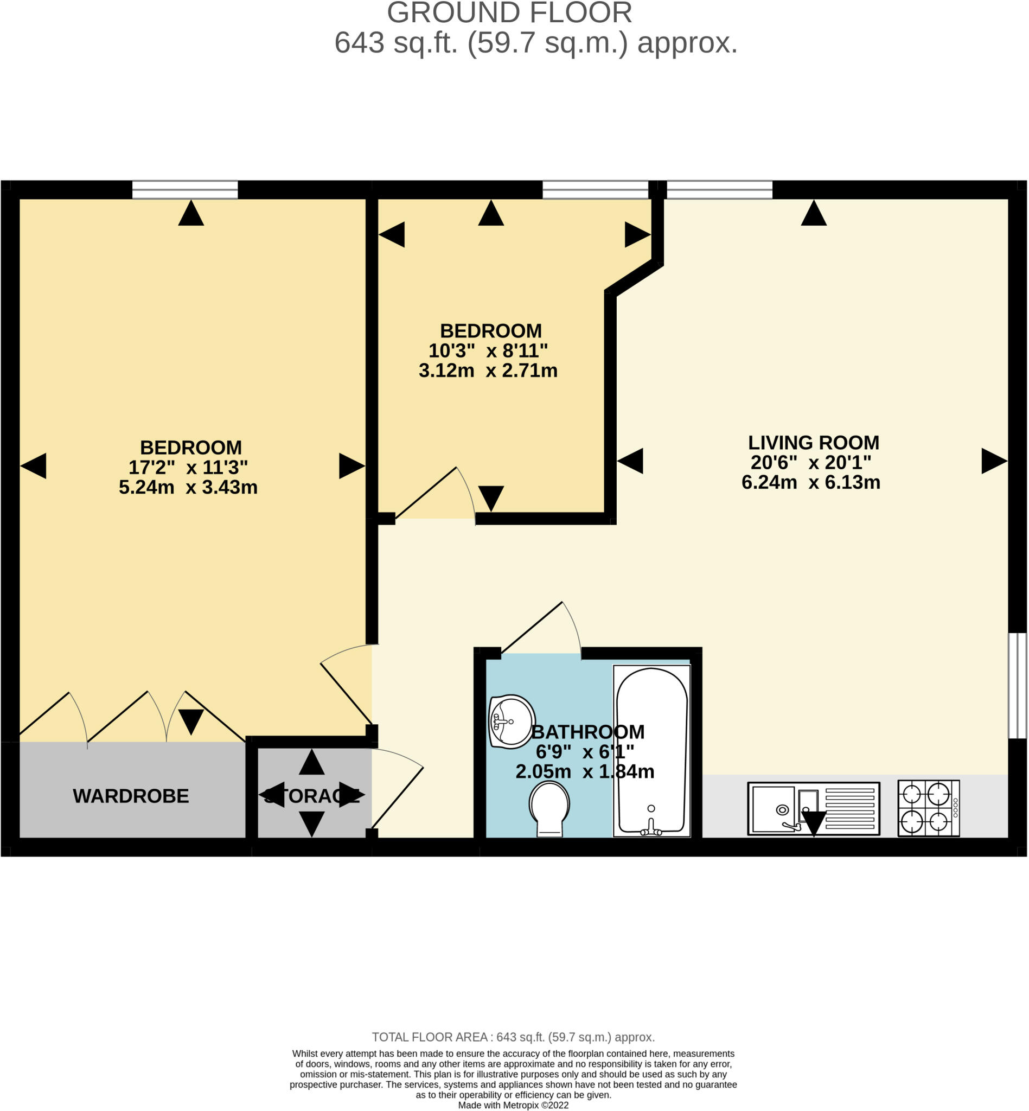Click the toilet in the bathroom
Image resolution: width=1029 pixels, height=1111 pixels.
click(x=549, y=808)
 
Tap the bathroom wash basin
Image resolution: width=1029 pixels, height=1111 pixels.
click(x=511, y=721)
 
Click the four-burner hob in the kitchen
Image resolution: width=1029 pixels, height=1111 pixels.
click(x=928, y=808)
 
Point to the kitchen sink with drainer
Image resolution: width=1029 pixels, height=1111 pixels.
click(x=813, y=808)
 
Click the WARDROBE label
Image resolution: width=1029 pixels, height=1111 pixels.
click(x=131, y=796)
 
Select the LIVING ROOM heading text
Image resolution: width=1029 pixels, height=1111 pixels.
click(x=813, y=443)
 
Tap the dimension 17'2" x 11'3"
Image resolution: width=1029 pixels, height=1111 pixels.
click(x=188, y=467)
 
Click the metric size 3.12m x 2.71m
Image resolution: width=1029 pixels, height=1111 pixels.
click(x=488, y=371)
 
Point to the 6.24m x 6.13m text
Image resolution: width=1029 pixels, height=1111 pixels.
click(x=811, y=482)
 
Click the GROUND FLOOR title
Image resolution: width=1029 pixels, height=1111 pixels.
click(x=509, y=13)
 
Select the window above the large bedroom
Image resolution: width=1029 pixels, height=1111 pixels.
click(x=185, y=189)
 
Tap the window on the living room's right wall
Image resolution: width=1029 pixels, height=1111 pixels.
click(x=1017, y=686)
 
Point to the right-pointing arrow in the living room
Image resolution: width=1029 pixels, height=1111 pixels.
click(x=994, y=461)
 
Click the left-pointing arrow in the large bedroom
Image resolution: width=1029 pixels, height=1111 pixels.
click(x=34, y=465)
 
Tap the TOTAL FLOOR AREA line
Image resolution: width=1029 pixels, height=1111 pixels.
click(x=513, y=1037)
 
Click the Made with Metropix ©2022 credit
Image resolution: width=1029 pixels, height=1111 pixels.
click(x=513, y=1105)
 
